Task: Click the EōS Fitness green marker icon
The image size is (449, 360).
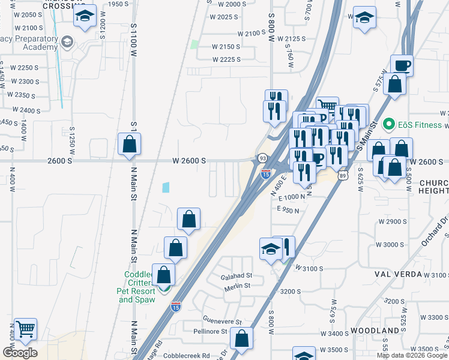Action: [x=388, y=125]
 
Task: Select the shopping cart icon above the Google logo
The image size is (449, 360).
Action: [x=25, y=329]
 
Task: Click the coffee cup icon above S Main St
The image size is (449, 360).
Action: [x=402, y=65]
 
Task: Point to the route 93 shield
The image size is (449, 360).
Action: [x=262, y=158]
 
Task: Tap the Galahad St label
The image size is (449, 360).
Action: [x=237, y=276]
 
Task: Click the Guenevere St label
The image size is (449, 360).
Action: [x=222, y=322]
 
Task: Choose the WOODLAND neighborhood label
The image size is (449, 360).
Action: [x=376, y=331]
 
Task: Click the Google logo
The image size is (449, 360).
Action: [x=20, y=353]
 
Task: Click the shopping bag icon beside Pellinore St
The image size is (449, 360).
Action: [x=241, y=338]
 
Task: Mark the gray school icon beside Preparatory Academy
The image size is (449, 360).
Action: [x=67, y=42]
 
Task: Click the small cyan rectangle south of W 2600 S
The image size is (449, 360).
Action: [x=166, y=187]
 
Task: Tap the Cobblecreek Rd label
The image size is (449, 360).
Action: [x=189, y=355]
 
